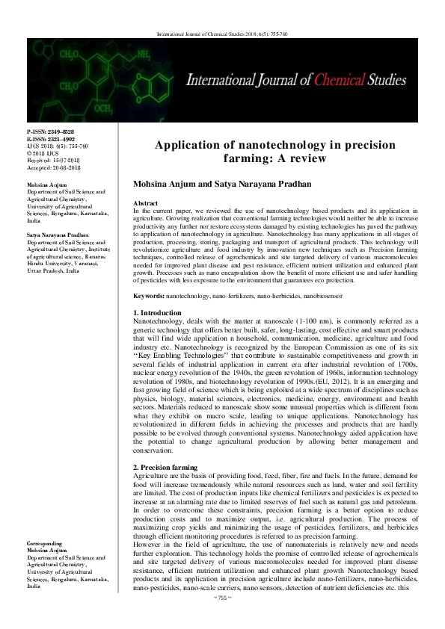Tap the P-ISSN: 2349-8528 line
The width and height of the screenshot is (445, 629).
[x=51, y=131]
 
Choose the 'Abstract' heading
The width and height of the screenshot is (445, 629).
[x=144, y=203]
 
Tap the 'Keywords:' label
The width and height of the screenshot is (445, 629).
[x=148, y=297]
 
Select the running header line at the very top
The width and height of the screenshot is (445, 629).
[x=222, y=34]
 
